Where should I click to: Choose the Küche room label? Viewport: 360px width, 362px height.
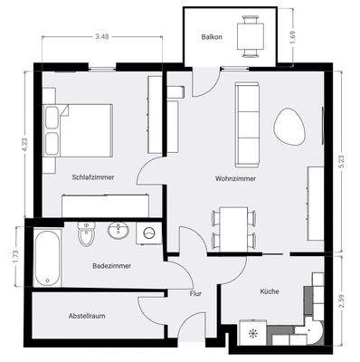(270, 293)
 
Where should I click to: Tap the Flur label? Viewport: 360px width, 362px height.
(195, 294)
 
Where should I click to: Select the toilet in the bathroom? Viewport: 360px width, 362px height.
(87, 234)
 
